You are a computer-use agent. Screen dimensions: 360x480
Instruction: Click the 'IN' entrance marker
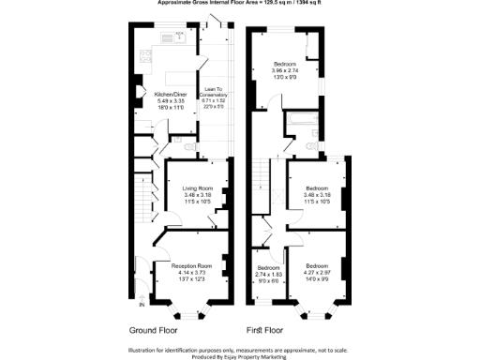pyautogui.click(x=141, y=305)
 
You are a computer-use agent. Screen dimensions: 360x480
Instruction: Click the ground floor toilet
pyautogui.click(x=190, y=147)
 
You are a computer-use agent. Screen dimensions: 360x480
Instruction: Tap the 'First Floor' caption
pyautogui.click(x=266, y=331)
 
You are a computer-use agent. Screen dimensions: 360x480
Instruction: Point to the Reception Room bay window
pyautogui.click(x=190, y=309)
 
